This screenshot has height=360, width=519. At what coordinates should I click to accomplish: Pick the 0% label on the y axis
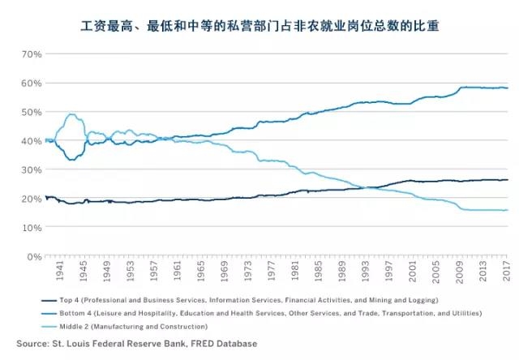[x=33, y=256]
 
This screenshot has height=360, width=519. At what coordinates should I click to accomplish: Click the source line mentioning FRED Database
[x=153, y=344]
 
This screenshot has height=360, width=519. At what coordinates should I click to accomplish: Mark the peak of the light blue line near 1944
[x=71, y=114]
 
